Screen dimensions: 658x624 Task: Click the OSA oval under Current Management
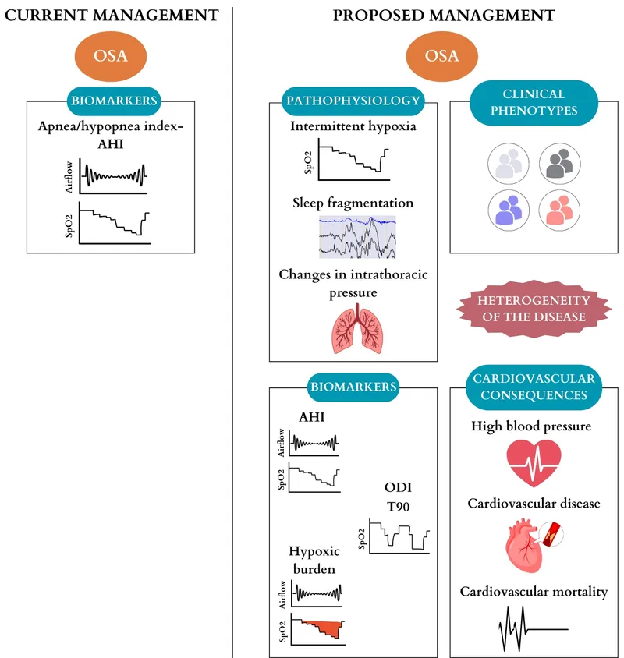[x=109, y=56]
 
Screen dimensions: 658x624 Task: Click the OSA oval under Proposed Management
[x=441, y=56]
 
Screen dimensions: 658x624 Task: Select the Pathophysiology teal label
[x=354, y=101]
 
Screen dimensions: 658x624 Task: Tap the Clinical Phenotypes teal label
[x=534, y=102]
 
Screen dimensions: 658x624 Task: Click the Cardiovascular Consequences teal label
[x=534, y=387]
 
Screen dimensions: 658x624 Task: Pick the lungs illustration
[x=355, y=327]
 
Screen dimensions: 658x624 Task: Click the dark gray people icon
[x=559, y=164]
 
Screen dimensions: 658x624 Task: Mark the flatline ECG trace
[x=532, y=627]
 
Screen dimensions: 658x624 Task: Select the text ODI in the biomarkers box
[x=399, y=487]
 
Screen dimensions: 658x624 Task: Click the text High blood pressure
[x=531, y=426]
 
